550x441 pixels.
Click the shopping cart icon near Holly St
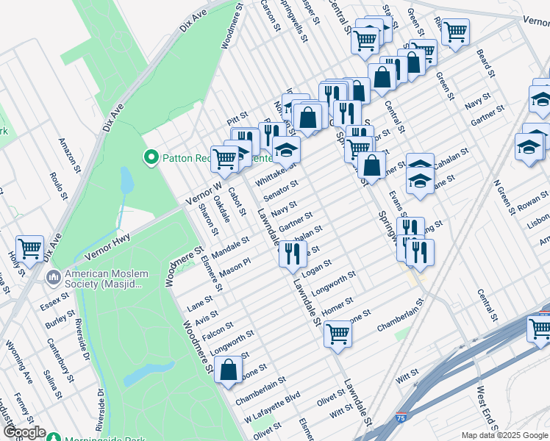click(30, 249)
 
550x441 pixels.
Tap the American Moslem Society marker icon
click(53, 278)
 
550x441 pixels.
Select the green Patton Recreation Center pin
click(151, 157)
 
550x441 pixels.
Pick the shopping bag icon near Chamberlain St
click(229, 371)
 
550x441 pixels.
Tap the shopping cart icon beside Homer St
click(338, 334)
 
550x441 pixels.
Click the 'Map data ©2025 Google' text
click(504, 435)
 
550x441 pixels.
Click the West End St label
click(489, 412)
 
